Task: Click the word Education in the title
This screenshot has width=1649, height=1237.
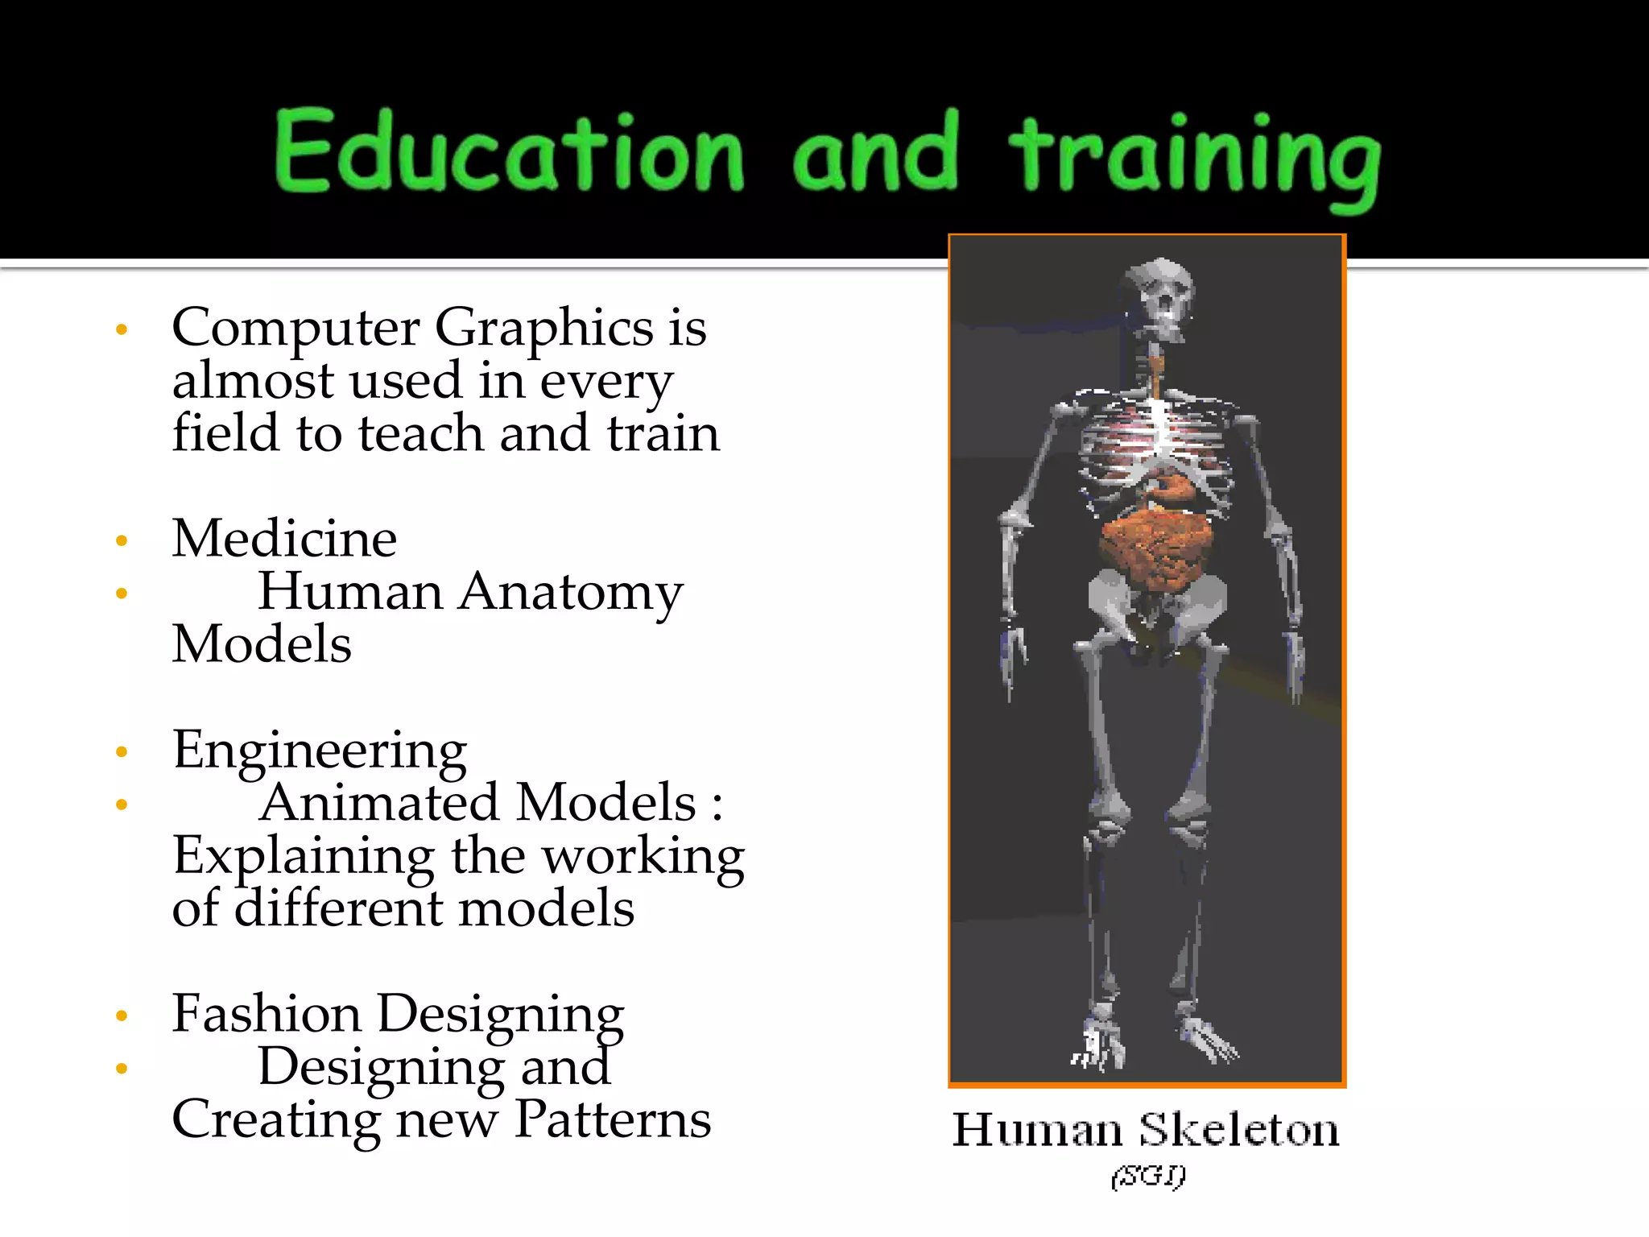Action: pyautogui.click(x=509, y=151)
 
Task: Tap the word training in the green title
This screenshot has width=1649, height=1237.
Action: pyautogui.click(x=1195, y=157)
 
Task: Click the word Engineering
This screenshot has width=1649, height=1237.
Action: pyautogui.click(x=319, y=751)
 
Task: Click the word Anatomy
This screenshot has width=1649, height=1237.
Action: pyautogui.click(x=570, y=593)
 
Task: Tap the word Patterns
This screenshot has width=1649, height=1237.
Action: pyautogui.click(x=612, y=1119)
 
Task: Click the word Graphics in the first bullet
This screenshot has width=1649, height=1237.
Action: pyautogui.click(x=543, y=329)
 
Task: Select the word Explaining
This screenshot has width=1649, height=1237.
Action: pyautogui.click(x=304, y=856)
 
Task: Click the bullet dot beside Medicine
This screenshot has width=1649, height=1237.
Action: pyautogui.click(x=122, y=540)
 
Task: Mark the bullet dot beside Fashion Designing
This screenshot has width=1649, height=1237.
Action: pyautogui.click(x=122, y=1016)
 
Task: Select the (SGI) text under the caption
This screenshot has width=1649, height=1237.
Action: pyautogui.click(x=1148, y=1177)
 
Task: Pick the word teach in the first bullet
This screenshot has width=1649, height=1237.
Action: pyautogui.click(x=421, y=433)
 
